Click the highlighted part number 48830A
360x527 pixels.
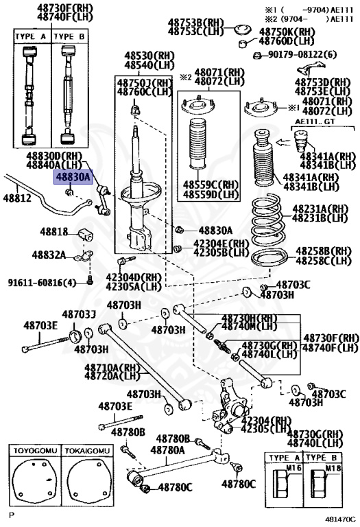pyautogui.click(x=73, y=177)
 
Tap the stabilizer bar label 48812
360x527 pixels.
pyautogui.click(x=16, y=198)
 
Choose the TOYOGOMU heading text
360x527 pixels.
pyautogui.click(x=33, y=450)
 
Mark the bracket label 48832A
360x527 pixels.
pyautogui.click(x=48, y=255)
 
